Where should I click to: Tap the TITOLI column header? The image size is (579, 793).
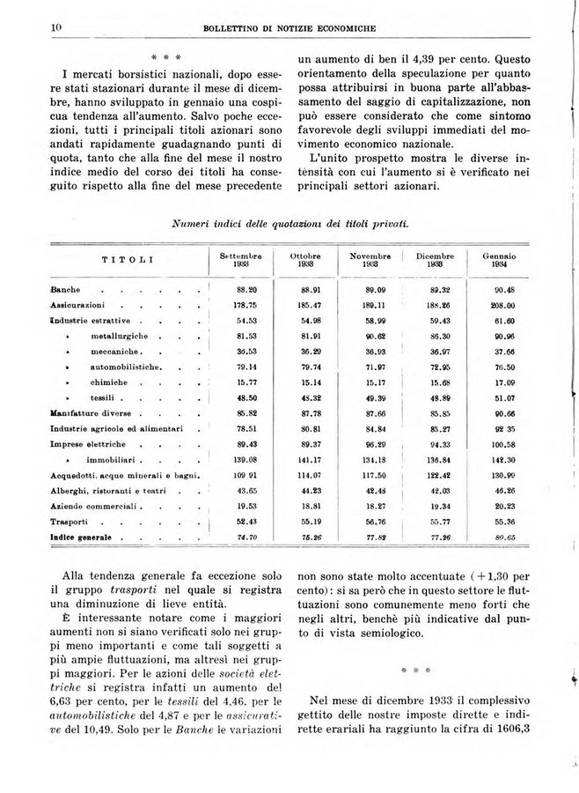click(x=128, y=260)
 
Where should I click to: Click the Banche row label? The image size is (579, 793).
click(x=66, y=289)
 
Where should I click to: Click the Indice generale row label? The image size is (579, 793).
click(x=82, y=537)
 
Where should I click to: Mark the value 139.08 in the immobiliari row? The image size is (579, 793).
click(x=241, y=459)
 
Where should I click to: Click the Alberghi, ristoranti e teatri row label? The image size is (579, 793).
click(x=110, y=490)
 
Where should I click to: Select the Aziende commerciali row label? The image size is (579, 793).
click(x=95, y=506)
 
